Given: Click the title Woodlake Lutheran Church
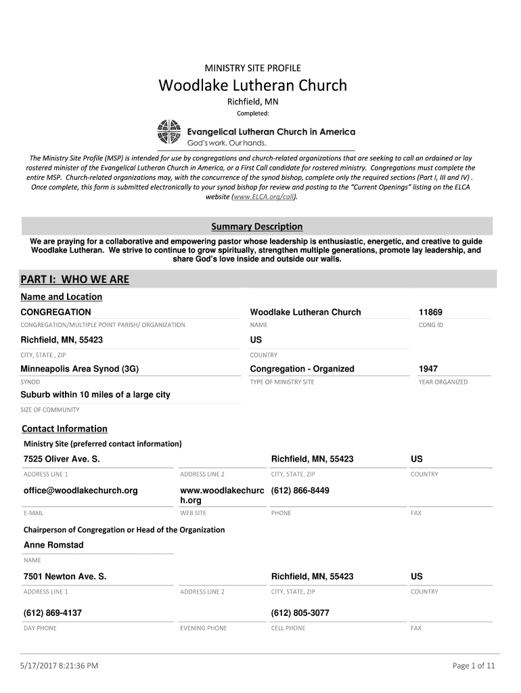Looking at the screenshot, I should coord(252,86).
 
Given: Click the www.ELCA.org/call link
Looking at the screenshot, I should coord(264,196).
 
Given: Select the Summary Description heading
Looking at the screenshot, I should coord(256,227).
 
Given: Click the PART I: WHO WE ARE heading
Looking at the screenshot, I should coord(74,280).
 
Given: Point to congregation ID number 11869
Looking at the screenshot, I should coord(430,312).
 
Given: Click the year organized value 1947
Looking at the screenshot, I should coord(428,369).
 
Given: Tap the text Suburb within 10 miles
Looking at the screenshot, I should coord(95,395).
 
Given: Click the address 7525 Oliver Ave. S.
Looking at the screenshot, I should coord(62,460).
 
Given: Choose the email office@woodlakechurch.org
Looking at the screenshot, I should coord(81,490).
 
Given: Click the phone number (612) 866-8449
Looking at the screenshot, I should coord(300,490).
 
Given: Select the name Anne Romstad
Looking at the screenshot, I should coord(53,545).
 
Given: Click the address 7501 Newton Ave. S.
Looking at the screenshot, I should coord(65,577).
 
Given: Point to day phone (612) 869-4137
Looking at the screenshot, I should coord(53,613).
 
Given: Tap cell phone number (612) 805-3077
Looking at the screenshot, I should coord(300,613).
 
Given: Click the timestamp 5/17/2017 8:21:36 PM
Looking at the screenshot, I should coord(60,666).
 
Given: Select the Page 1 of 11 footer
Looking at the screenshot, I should coord(474,666).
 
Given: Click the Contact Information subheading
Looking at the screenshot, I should coord(64,428).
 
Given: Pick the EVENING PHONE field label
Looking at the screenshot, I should coord(204,628).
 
